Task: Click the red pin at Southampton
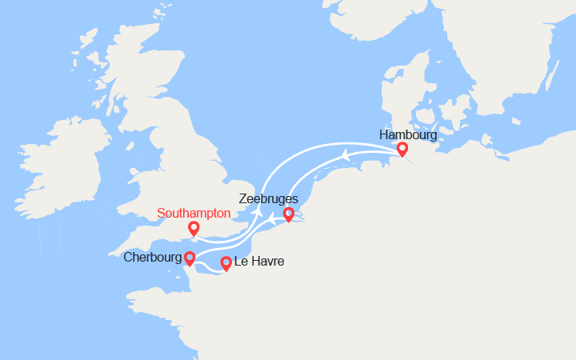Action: [194, 228]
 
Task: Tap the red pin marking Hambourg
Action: [402, 148]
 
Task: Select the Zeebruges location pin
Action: [289, 214]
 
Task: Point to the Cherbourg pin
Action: [190, 258]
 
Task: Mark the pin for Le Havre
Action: [226, 262]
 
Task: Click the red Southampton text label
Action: [194, 214]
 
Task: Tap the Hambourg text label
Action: [408, 134]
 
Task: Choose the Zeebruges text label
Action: [268, 198]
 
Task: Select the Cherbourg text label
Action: [152, 258]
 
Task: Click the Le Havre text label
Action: [259, 262]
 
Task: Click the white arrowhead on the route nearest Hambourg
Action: [344, 154]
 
